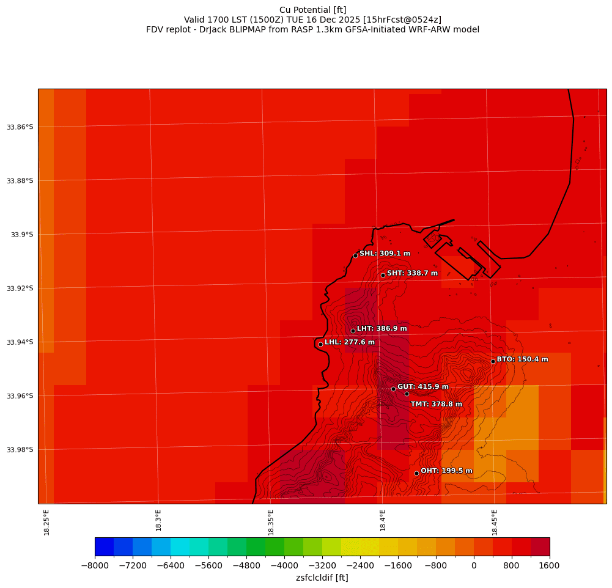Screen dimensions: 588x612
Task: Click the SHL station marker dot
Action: click(x=355, y=255)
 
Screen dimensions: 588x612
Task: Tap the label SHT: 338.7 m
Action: click(x=412, y=273)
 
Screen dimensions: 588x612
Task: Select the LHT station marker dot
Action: click(x=353, y=331)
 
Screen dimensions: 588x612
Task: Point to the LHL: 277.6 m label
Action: click(x=349, y=342)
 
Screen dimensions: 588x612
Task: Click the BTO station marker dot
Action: click(x=493, y=361)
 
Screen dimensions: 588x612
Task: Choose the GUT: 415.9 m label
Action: click(x=422, y=387)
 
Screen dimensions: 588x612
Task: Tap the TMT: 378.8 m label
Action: click(x=436, y=404)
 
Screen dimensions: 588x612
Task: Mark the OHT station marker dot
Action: click(x=416, y=473)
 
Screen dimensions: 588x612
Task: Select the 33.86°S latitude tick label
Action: click(x=20, y=127)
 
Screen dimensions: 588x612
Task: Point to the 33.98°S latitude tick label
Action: click(x=20, y=450)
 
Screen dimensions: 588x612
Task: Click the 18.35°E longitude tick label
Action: click(x=270, y=522)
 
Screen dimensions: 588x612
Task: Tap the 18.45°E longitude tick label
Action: click(x=494, y=522)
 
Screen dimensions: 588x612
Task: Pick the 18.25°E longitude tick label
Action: click(x=46, y=522)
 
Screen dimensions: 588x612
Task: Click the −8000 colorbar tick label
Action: click(x=95, y=566)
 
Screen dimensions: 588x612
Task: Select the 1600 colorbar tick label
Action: click(x=549, y=566)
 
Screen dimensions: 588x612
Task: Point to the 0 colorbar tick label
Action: click(x=473, y=566)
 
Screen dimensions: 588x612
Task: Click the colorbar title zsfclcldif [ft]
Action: click(x=322, y=578)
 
